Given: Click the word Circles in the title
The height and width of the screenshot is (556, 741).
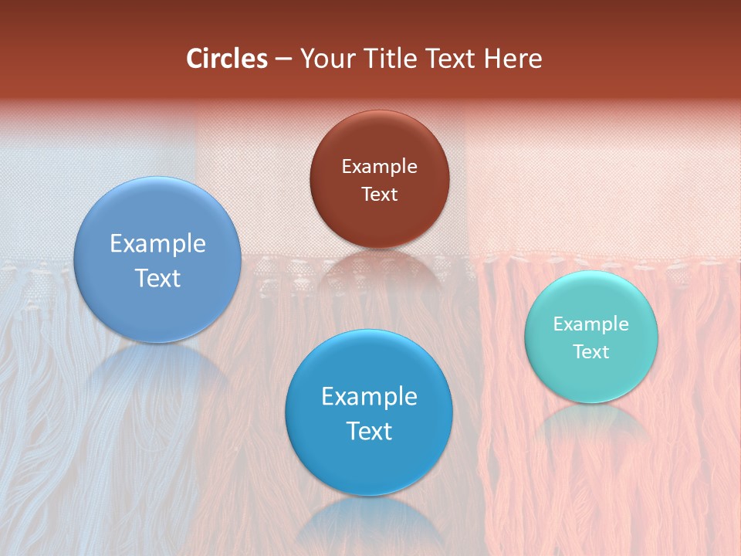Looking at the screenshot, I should click(226, 59).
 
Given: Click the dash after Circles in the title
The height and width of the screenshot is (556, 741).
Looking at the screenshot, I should click(283, 59).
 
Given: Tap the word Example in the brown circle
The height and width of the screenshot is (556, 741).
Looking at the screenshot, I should click(379, 167).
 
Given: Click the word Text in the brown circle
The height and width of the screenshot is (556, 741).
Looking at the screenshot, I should click(379, 194).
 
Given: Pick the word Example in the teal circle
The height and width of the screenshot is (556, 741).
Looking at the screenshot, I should click(591, 324).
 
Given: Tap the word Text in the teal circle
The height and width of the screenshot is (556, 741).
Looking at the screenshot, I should click(591, 351).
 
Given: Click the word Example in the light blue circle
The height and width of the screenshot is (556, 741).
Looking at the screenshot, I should click(157, 244).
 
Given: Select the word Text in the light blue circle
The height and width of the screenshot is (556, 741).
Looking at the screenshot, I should click(157, 278).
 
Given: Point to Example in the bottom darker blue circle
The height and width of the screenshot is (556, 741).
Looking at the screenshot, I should click(369, 397).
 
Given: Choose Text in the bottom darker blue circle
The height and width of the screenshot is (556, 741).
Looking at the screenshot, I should click(369, 431).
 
